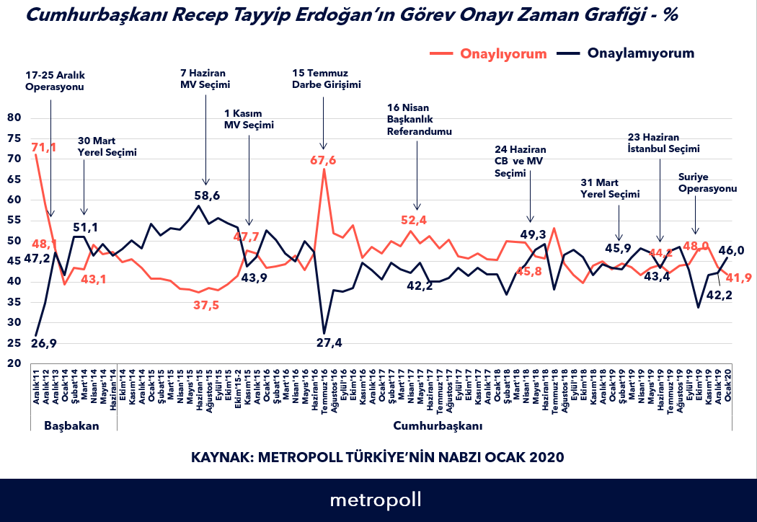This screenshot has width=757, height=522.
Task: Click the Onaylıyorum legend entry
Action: (503, 53)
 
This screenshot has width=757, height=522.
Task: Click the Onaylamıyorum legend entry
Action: (641, 53)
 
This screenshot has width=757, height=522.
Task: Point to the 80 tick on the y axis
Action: (14, 118)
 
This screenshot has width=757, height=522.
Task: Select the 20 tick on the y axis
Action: (14, 363)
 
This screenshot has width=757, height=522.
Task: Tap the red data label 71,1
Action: (45, 148)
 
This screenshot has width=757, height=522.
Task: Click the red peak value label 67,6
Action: (323, 159)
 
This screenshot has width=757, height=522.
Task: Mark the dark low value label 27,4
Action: (329, 342)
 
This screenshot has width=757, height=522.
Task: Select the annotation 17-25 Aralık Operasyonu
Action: (55, 81)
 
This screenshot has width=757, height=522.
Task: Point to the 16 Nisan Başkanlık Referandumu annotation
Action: (419, 120)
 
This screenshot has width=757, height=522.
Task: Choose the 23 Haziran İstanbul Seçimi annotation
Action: (664, 143)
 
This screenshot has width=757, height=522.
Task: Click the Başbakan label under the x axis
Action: (71, 425)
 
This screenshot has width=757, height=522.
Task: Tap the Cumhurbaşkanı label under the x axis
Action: (438, 425)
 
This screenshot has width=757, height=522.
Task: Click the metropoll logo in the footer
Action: (376, 500)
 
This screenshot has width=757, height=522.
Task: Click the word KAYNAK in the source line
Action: (218, 457)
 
